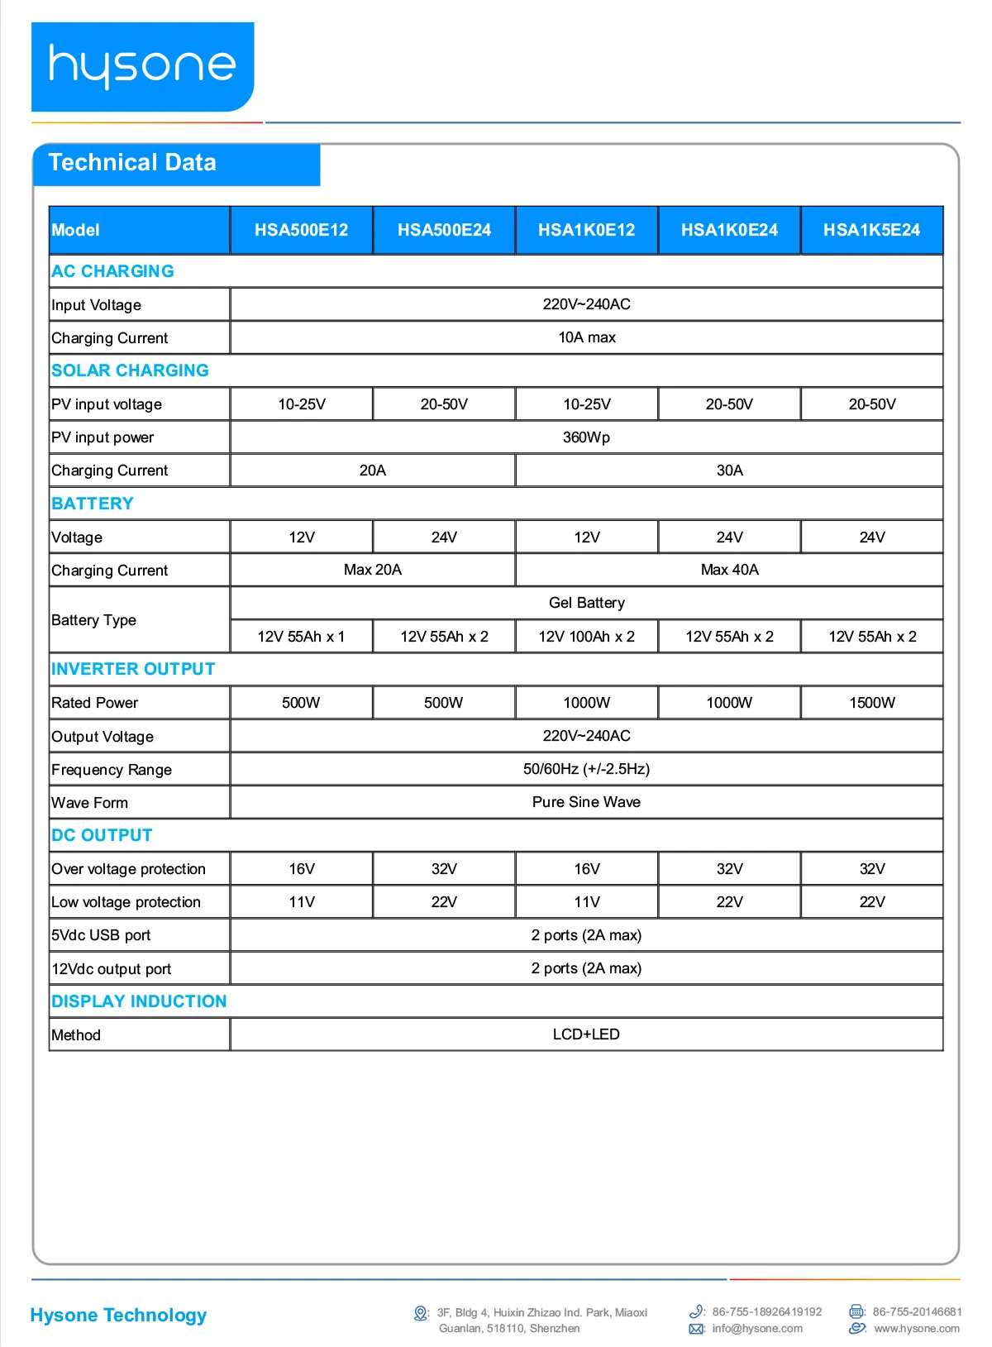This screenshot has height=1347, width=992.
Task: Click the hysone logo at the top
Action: pos(142,66)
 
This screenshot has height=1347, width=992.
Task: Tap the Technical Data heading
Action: pos(132,163)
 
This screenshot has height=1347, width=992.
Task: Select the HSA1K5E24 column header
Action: pos(871,230)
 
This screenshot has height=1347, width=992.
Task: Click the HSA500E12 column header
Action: pos(301,230)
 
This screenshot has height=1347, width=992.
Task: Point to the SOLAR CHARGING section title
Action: pos(130,370)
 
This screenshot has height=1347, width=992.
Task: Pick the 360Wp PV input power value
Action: pos(586,437)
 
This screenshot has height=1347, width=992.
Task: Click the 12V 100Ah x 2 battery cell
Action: pos(586,637)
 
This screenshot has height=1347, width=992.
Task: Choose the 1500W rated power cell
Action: pos(871,703)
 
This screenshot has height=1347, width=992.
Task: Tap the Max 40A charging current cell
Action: pos(729,570)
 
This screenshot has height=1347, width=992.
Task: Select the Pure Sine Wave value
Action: pos(586,802)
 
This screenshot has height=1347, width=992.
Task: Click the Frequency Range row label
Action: pos(112,770)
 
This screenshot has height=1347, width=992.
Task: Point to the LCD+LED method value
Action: pos(586,1034)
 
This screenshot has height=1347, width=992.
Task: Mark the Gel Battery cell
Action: pos(586,603)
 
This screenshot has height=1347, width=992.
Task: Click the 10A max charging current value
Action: pos(586,337)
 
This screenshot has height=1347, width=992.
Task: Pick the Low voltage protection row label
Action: pos(126,902)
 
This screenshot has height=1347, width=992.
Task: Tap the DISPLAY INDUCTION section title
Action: pos(139,1001)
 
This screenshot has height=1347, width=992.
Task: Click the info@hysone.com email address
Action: pos(756,1329)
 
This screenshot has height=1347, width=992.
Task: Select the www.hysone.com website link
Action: pos(916,1329)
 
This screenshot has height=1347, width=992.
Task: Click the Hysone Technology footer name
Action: pos(118,1315)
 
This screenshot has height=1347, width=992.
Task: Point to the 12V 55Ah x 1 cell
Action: pos(301,637)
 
